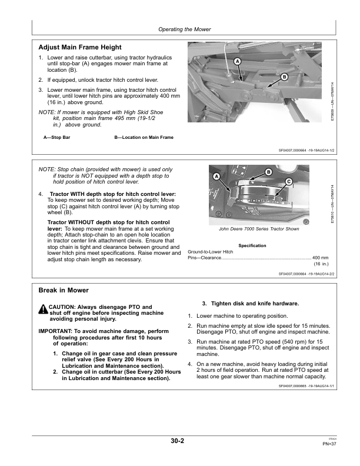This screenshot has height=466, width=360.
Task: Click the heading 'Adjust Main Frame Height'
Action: tap(79, 47)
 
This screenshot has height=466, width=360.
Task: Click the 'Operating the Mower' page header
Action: tap(185, 29)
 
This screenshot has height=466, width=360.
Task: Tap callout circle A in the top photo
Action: tap(237, 61)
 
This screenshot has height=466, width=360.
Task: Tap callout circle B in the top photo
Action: tap(284, 77)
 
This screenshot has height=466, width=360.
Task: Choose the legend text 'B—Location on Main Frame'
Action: tap(144, 137)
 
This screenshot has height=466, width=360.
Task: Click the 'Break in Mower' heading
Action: tap(64, 291)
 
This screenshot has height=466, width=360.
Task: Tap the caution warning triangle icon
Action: tap(43, 309)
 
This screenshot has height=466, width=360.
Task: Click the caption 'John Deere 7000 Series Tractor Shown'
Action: tap(259, 228)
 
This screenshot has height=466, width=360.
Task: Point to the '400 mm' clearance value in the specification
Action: tap(320, 258)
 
